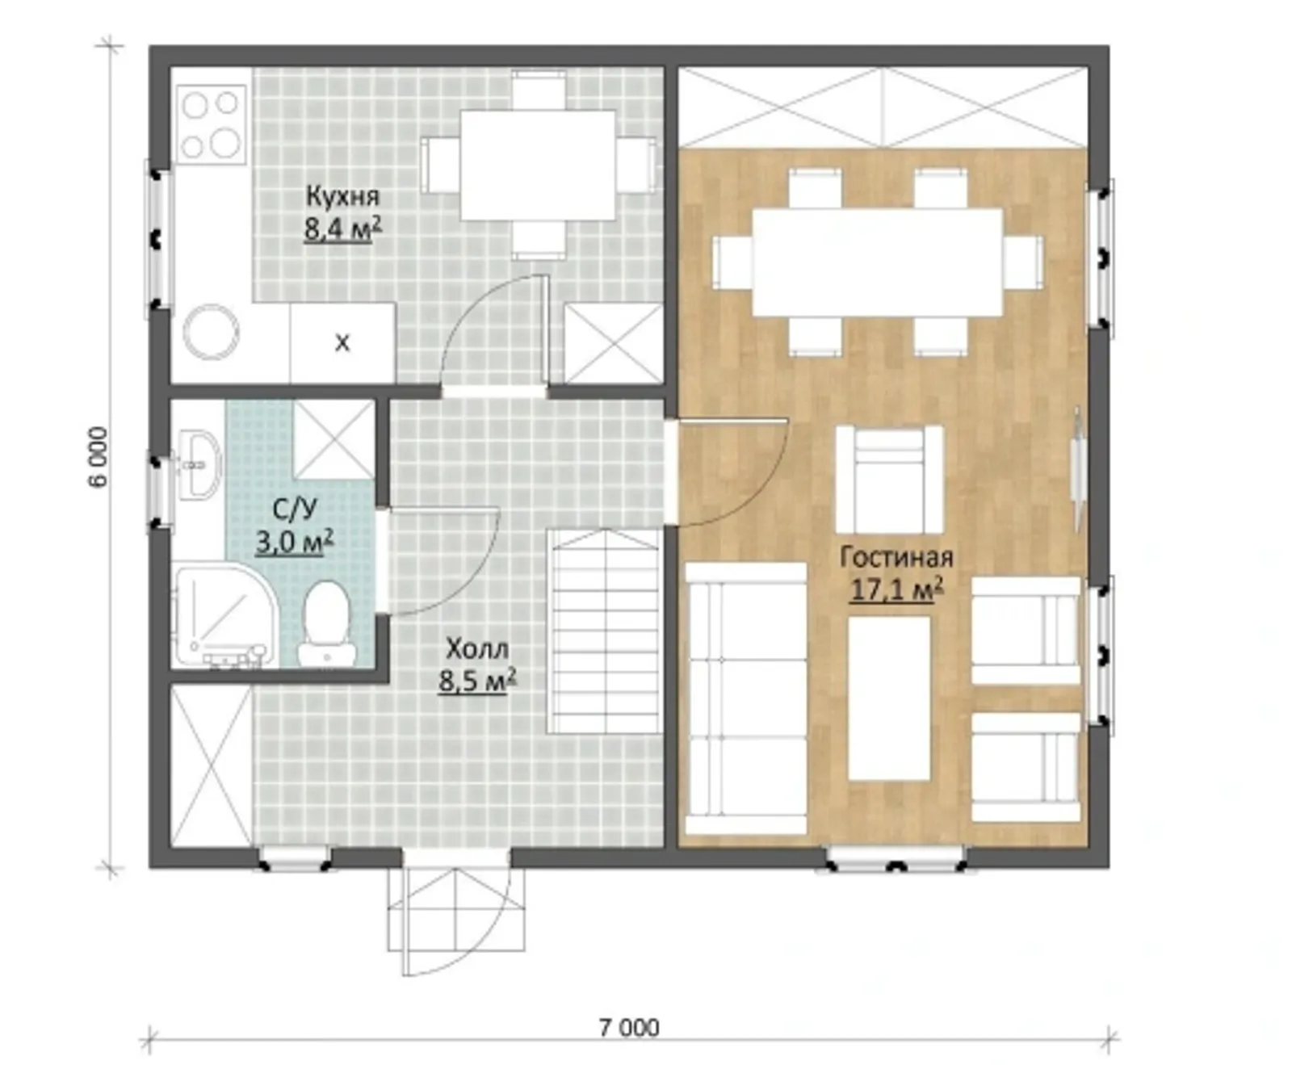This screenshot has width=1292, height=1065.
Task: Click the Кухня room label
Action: (342, 196)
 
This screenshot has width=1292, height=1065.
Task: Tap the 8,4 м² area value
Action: (342, 229)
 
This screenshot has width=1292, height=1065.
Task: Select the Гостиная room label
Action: (896, 556)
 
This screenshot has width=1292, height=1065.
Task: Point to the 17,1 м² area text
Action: (896, 589)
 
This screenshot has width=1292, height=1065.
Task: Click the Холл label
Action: (477, 648)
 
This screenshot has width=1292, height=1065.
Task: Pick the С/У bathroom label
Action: (295, 509)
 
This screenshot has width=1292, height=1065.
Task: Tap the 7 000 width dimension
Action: (629, 1027)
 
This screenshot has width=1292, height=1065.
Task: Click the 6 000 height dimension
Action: (98, 457)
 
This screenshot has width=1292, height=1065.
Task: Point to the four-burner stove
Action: (211, 124)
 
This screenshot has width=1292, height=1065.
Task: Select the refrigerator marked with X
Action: (342, 343)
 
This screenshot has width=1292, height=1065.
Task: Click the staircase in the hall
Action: (605, 631)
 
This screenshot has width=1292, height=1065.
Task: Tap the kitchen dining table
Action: (538, 166)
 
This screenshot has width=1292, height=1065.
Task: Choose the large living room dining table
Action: (878, 262)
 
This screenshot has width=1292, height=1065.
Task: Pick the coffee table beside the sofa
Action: (889, 698)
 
